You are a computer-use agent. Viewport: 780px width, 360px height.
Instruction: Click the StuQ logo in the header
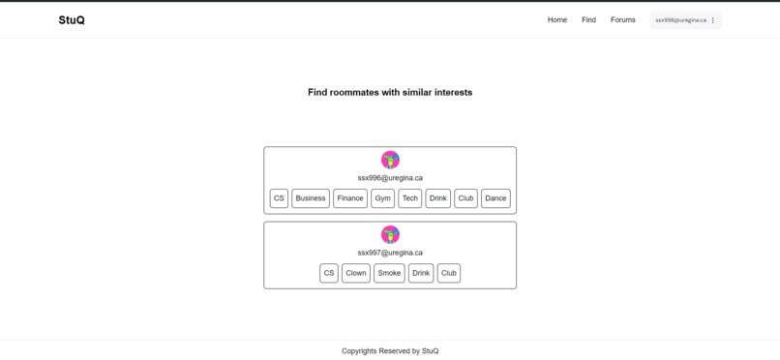click(x=72, y=20)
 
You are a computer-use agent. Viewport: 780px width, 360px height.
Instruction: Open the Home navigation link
click(x=557, y=20)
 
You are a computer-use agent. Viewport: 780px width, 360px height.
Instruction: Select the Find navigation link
click(x=588, y=20)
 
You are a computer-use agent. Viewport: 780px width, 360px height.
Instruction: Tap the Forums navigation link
click(x=623, y=20)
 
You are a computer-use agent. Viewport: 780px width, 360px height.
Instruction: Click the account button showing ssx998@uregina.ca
click(x=685, y=20)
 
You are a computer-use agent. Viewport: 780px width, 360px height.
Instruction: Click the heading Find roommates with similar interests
click(x=390, y=93)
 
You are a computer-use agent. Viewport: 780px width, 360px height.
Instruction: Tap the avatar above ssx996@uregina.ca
click(x=390, y=160)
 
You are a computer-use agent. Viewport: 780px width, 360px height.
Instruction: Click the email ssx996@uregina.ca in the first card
click(x=390, y=178)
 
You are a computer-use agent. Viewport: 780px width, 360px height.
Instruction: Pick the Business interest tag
click(x=311, y=198)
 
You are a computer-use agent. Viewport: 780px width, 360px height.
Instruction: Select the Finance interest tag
click(x=350, y=198)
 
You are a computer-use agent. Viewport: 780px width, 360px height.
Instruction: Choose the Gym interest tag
click(x=382, y=198)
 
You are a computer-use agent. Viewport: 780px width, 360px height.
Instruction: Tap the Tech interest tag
click(x=410, y=198)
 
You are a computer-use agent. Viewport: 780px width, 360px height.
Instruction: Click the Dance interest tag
click(x=495, y=198)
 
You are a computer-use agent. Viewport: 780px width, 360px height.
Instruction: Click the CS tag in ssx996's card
click(x=279, y=198)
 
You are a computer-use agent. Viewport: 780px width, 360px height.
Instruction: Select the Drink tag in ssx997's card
click(x=421, y=273)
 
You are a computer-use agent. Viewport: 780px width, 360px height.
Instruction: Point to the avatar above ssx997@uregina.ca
click(x=390, y=234)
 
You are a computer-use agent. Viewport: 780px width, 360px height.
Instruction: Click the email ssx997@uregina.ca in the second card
click(x=390, y=253)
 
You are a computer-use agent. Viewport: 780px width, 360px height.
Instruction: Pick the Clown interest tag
click(x=356, y=273)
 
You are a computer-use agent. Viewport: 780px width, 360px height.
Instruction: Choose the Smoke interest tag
click(x=389, y=273)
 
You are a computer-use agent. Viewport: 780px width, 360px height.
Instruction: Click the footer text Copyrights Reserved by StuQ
click(x=390, y=351)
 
